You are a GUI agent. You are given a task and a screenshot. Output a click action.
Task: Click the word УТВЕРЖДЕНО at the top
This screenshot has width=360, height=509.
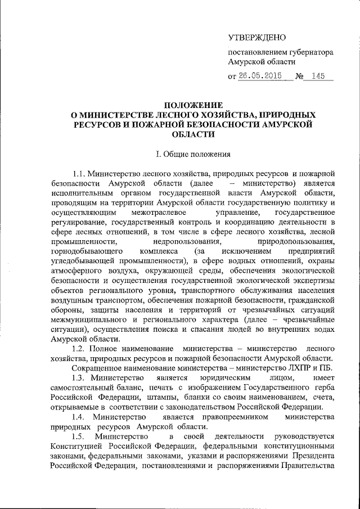point(256,38)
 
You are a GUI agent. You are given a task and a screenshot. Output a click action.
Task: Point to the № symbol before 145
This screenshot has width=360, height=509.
point(296,78)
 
